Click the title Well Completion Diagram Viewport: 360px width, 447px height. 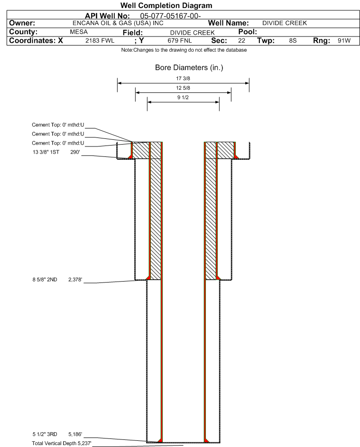coord(166,5)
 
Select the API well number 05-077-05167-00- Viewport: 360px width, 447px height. coord(170,16)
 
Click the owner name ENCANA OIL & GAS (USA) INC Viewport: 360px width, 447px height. coord(118,23)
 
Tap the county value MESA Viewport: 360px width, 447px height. coord(79,32)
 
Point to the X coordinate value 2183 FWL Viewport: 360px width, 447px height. coord(100,41)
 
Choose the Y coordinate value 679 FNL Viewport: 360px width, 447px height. coord(180,41)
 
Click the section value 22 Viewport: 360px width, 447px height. coord(241,41)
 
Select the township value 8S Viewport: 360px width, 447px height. coord(293,41)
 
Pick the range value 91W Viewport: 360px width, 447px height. coord(344,41)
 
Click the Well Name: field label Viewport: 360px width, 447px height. coord(229,23)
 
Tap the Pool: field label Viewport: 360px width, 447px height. coord(248,32)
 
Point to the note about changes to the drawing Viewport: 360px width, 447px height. coord(184,50)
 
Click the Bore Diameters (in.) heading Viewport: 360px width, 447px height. coord(189,68)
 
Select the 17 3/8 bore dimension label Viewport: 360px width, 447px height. coord(183,78)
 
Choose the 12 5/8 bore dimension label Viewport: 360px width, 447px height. coord(183,88)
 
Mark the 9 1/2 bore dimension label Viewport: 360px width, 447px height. coord(183,98)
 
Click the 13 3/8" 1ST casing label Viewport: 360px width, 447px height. coord(46,152)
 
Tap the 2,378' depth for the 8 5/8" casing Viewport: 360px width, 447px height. coord(75,280)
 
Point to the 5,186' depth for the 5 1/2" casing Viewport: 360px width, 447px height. coord(75,434)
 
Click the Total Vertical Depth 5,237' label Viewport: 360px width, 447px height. coord(62,443)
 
